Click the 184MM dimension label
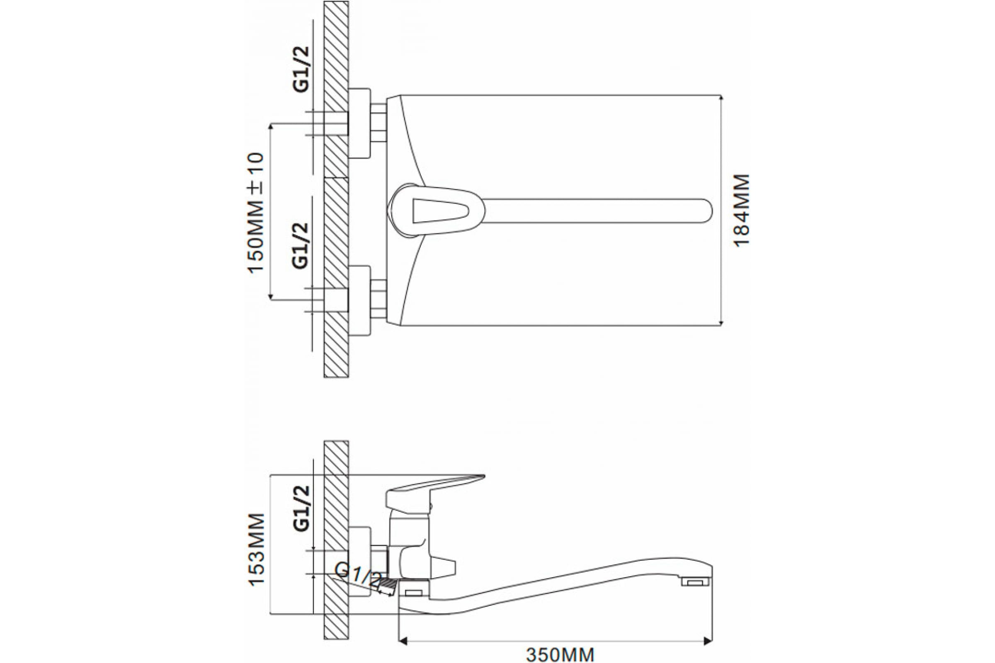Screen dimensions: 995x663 (741, 210)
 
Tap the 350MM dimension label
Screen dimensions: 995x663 (560, 654)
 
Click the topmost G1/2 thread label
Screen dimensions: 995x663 (301, 69)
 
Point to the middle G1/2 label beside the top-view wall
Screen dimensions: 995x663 (301, 246)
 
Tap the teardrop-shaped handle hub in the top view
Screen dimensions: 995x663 (436, 211)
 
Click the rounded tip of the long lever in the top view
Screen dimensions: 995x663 (707, 211)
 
